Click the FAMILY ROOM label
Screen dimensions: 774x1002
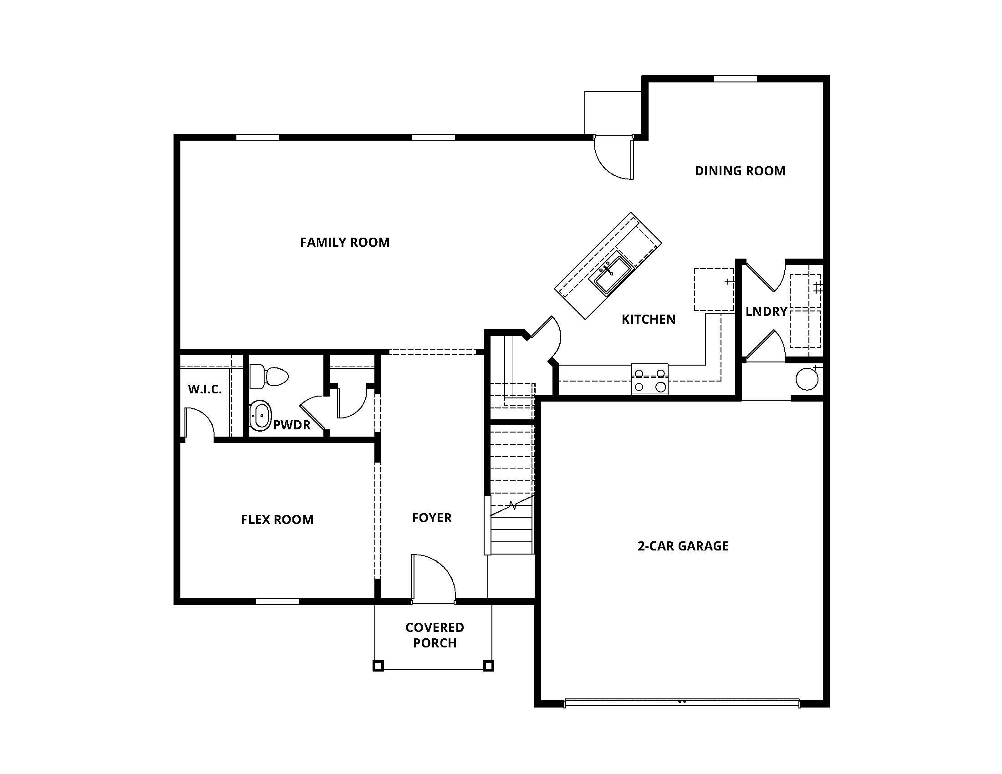pyautogui.click(x=345, y=242)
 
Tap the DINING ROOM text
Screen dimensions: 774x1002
pyautogui.click(x=740, y=171)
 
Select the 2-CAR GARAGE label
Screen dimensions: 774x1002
pyautogui.click(x=683, y=546)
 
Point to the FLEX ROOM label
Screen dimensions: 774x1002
pyautogui.click(x=277, y=519)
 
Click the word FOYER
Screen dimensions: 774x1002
pyautogui.click(x=432, y=518)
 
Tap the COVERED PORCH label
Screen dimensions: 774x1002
pyautogui.click(x=435, y=635)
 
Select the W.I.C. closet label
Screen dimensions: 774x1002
pyautogui.click(x=204, y=389)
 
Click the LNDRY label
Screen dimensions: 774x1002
pyautogui.click(x=766, y=312)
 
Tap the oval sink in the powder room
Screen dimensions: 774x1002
pyautogui.click(x=261, y=415)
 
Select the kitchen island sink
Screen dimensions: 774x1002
pyautogui.click(x=613, y=274)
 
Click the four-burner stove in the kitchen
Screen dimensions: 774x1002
pyautogui.click(x=649, y=379)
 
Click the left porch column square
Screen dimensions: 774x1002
pyautogui.click(x=378, y=665)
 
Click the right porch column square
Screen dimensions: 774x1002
pyautogui.click(x=489, y=665)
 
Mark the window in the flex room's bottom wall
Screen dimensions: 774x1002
pyautogui.click(x=277, y=601)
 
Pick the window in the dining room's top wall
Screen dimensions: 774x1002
pyautogui.click(x=735, y=79)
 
